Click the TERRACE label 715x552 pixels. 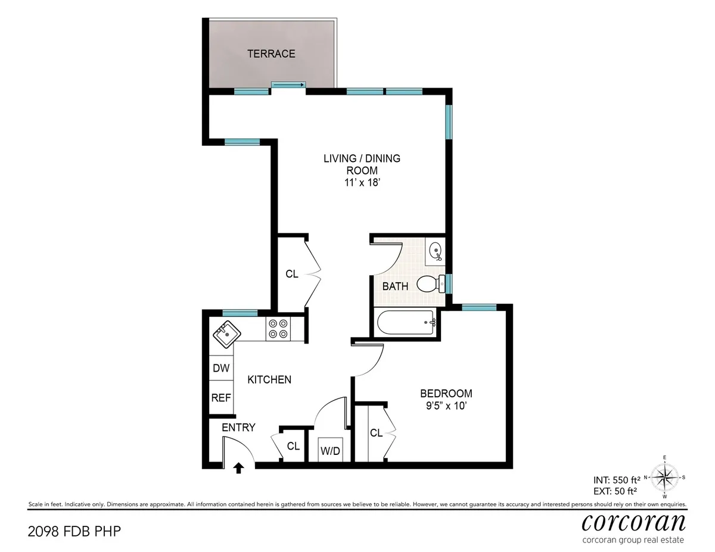(271, 54)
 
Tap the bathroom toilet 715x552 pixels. (429, 284)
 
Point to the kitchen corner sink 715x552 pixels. (225, 335)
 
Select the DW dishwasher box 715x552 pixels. (221, 369)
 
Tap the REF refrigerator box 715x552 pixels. (221, 398)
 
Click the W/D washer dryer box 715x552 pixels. (330, 450)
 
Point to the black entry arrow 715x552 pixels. (238, 468)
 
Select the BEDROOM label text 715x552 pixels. (446, 394)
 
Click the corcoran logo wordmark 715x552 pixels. (633, 522)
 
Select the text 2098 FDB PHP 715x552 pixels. (70, 530)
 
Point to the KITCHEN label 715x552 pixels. (269, 379)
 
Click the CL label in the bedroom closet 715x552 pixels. (376, 433)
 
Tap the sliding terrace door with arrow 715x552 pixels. (288, 85)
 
